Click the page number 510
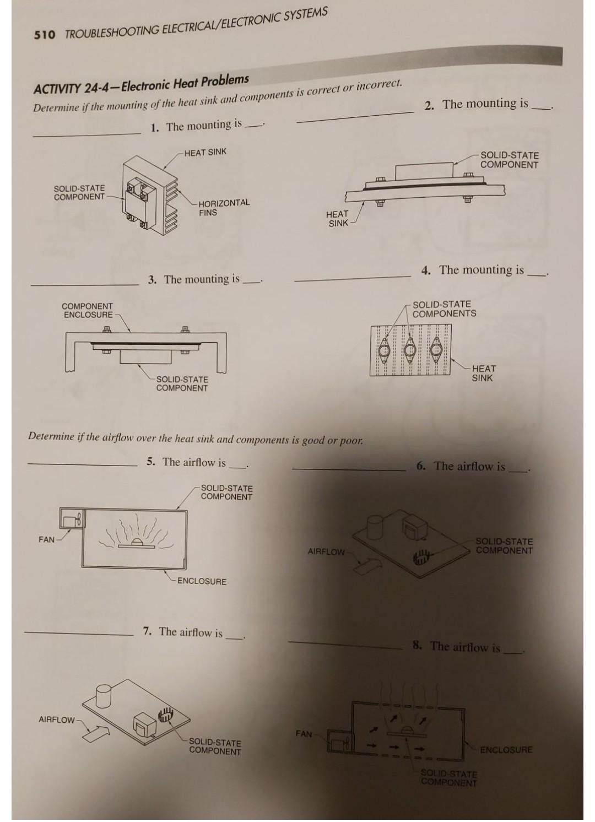tap(45, 35)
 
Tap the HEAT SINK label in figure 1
tap(205, 152)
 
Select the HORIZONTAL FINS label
tap(224, 208)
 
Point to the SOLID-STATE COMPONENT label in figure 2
tap(509, 160)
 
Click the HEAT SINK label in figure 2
tap(337, 218)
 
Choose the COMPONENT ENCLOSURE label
tap(87, 310)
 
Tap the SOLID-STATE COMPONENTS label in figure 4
tap(444, 309)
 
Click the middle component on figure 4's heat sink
tap(410, 349)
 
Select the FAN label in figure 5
tap(46, 539)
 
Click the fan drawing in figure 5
tap(72, 518)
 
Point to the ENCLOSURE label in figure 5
tap(202, 581)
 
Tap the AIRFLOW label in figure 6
tap(326, 551)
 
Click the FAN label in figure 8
tap(304, 734)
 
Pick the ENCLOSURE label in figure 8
tap(506, 750)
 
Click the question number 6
tap(421, 467)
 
